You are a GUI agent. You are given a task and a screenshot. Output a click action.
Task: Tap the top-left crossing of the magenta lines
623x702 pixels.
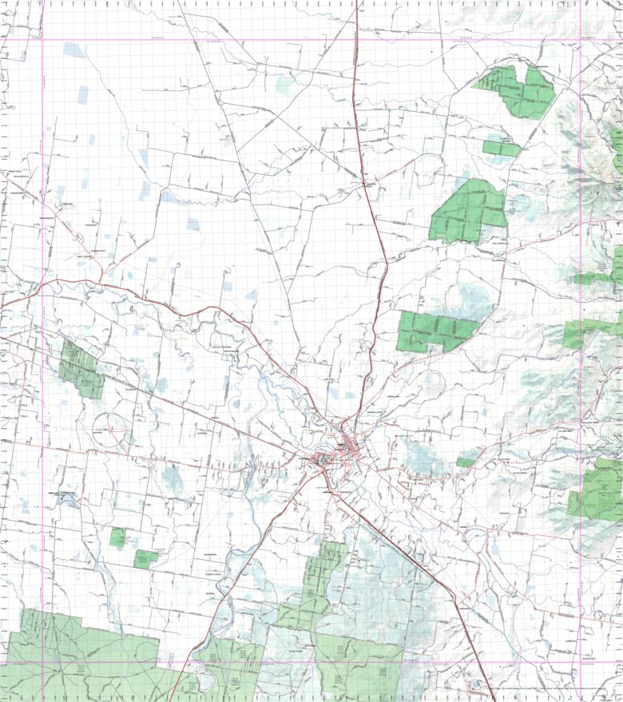pyautogui.click(x=42, y=39)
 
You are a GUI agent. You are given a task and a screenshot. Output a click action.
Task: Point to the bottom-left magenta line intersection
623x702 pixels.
pyautogui.click(x=42, y=662)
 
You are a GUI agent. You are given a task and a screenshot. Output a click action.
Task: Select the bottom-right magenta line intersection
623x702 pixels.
pyautogui.click(x=581, y=662)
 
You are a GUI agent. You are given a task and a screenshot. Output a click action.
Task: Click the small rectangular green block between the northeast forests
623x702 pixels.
pyautogui.click(x=501, y=148)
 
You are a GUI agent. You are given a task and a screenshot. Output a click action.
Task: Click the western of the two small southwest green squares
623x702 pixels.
pyautogui.click(x=118, y=537)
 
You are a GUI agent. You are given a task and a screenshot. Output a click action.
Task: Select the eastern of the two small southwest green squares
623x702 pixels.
pyautogui.click(x=146, y=558)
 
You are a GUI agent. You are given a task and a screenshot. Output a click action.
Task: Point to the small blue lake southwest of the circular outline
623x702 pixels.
pyautogui.click(x=64, y=500)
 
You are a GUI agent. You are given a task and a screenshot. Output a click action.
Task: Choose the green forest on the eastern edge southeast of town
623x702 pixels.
pyautogui.click(x=597, y=489)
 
